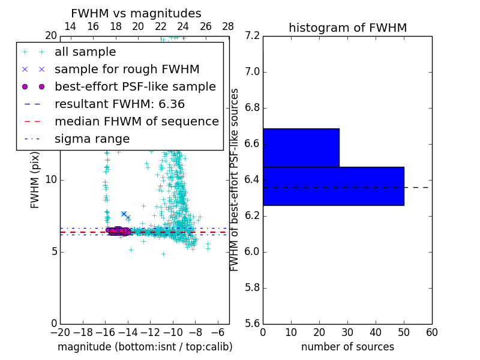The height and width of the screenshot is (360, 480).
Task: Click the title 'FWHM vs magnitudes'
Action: point(136,13)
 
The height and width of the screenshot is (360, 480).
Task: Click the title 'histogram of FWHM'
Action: point(347,28)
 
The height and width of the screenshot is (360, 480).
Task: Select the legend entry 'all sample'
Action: point(85,52)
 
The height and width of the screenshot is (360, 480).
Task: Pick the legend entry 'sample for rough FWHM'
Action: point(127,69)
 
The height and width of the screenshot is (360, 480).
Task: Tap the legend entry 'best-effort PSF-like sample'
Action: point(135,86)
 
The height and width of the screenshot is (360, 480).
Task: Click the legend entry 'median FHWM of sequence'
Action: point(136,121)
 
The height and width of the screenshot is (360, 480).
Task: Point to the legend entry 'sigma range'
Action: point(92,139)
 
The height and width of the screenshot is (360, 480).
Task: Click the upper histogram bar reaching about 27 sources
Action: point(301,148)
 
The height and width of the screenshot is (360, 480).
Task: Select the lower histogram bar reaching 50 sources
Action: point(333,186)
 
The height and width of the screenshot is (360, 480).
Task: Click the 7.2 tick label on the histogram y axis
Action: point(253,36)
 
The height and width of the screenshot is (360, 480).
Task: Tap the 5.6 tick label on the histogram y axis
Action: point(253,323)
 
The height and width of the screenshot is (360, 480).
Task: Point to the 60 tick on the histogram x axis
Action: point(431,332)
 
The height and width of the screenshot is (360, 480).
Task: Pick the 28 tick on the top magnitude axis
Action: point(229,26)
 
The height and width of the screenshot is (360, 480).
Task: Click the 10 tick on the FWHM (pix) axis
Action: point(51,179)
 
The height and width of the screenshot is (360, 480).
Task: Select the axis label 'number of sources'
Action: point(347,347)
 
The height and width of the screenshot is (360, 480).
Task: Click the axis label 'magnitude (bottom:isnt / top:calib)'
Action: point(145,347)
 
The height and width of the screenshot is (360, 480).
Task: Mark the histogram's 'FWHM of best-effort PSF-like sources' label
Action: point(235,179)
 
